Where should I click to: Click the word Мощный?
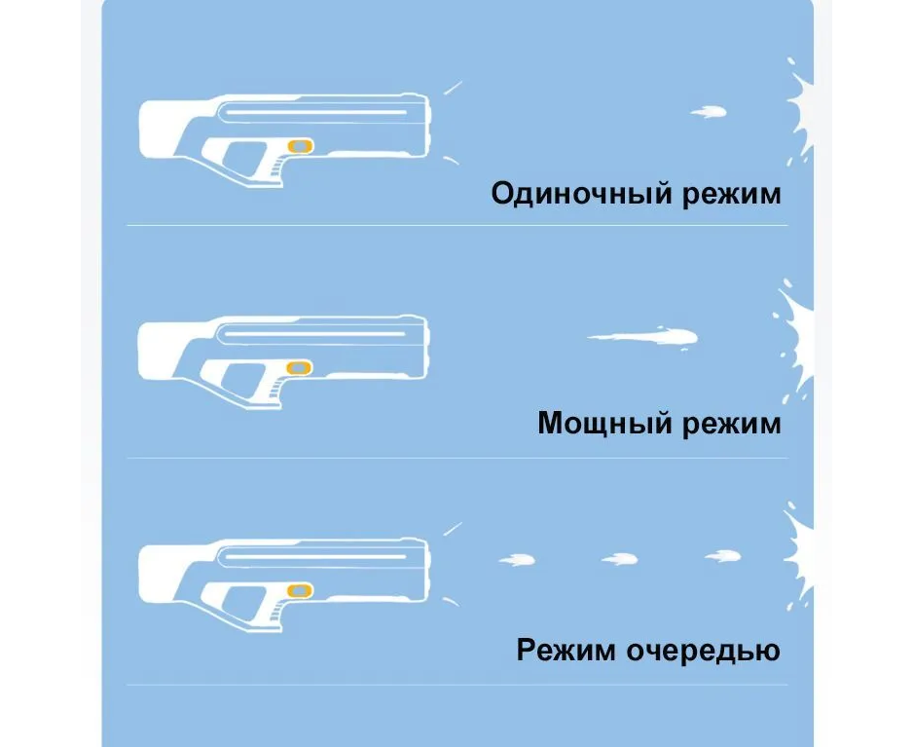click(597, 424)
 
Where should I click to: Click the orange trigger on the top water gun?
click(301, 146)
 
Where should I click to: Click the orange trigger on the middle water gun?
click(301, 367)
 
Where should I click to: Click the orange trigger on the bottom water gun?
click(301, 590)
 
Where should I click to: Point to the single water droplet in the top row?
click(709, 113)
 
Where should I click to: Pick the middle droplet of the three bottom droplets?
click(619, 559)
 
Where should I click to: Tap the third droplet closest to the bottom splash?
click(722, 556)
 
